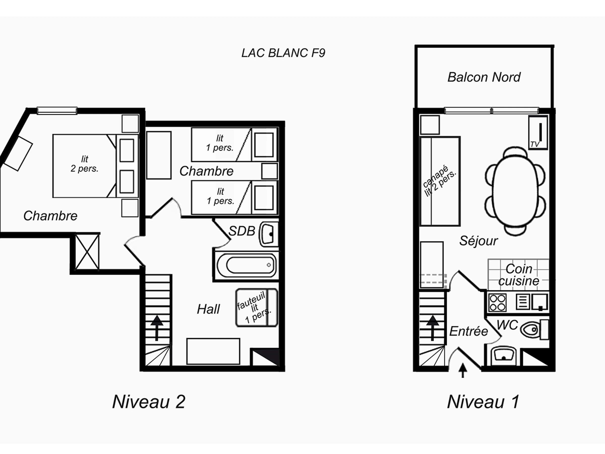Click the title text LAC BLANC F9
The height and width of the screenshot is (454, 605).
[x=283, y=53]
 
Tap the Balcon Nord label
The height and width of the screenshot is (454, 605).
[x=484, y=77]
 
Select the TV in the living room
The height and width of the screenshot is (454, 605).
[x=538, y=133]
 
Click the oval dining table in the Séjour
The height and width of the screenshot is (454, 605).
[x=516, y=191]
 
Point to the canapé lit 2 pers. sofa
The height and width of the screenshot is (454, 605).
[x=440, y=181]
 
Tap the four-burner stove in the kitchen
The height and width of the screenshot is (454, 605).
[x=498, y=302]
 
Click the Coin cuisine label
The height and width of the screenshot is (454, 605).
[x=519, y=275]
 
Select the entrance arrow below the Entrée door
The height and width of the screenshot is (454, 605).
[x=463, y=370]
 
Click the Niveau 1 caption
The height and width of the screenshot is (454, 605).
[x=483, y=402]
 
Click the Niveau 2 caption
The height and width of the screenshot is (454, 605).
[x=149, y=402]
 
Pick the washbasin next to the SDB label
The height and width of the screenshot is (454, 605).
[x=267, y=234]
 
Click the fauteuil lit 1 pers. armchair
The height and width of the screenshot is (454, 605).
[x=257, y=308]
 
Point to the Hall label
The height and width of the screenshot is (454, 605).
[x=208, y=309]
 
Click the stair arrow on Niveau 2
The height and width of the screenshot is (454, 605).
[x=157, y=328]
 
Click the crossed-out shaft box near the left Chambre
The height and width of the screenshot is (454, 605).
[x=87, y=252]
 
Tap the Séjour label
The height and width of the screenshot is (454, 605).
[x=478, y=241]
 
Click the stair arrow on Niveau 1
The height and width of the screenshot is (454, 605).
[x=432, y=328]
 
